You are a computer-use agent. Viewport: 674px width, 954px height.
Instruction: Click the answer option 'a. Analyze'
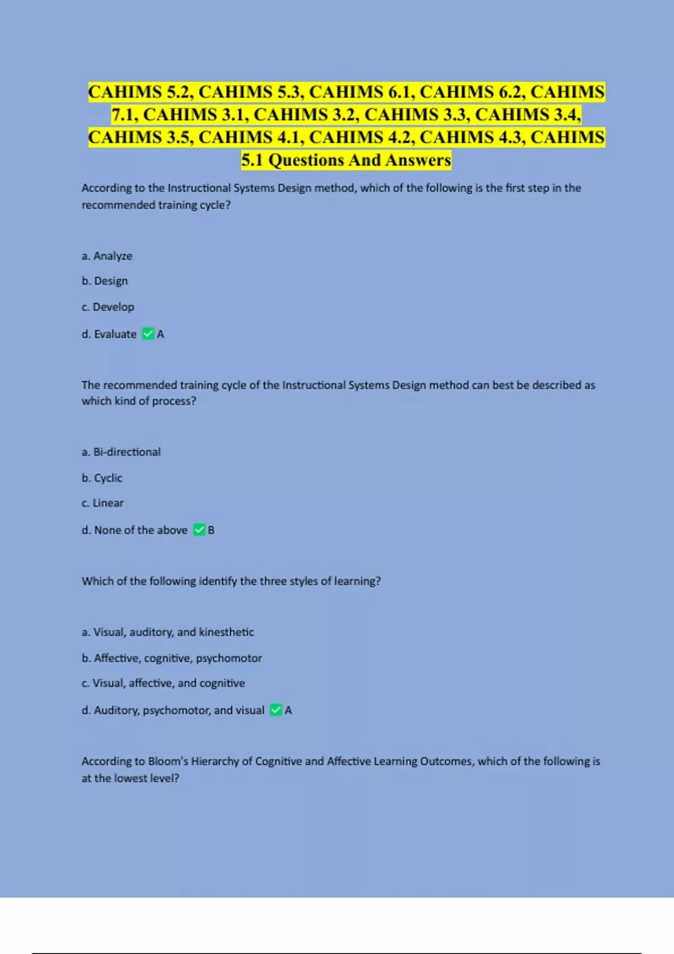[107, 256]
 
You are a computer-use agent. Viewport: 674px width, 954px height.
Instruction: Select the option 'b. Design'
[104, 281]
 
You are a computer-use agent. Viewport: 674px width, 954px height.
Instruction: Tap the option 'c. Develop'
[108, 307]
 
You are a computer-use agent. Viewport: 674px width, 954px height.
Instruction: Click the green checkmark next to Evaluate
[148, 334]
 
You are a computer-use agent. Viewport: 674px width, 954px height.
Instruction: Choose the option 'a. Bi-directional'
[121, 452]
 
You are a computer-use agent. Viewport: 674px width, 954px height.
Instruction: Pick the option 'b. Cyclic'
[102, 478]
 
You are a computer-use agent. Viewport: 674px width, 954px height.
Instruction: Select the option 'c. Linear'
[102, 503]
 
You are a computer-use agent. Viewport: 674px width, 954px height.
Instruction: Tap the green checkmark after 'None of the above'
[199, 530]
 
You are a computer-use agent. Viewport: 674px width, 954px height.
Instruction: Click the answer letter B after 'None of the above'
[211, 530]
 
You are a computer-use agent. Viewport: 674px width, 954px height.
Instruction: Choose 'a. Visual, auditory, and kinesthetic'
[167, 632]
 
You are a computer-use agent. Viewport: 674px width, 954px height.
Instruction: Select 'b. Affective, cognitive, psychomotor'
[171, 658]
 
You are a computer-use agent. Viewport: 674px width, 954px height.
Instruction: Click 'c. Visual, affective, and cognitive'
[163, 683]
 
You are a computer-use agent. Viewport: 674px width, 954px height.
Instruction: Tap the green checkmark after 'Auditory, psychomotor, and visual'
[276, 710]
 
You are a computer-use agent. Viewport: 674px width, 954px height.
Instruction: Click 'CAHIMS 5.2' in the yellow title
[140, 92]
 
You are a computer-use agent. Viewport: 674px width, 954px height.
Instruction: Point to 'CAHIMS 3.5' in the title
[140, 137]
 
